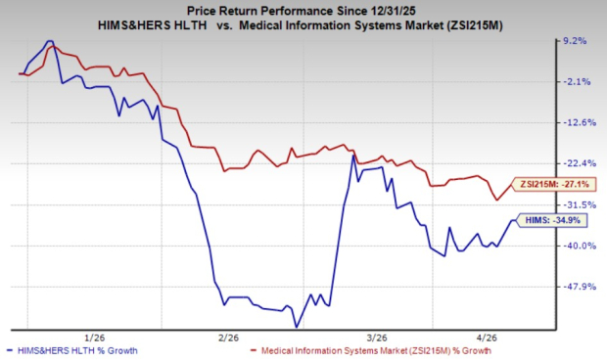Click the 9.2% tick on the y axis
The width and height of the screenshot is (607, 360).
tap(575, 41)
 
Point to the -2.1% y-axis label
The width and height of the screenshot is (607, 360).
tap(575, 82)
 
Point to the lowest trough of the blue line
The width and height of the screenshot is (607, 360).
tap(295, 327)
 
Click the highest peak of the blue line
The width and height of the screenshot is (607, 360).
tap(49, 42)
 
